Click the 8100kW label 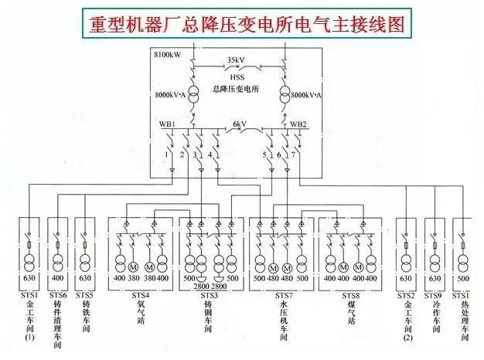pos(169,56)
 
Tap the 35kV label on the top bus pos(238,59)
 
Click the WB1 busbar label pos(168,124)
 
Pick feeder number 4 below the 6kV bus pos(210,155)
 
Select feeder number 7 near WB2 pos(293,155)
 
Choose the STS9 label pos(434,294)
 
